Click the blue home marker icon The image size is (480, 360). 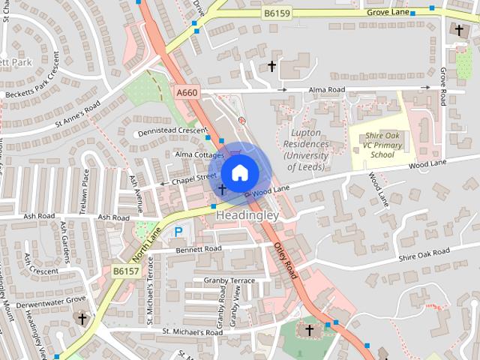pyautogui.click(x=238, y=172)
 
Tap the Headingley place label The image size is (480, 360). pyautogui.click(x=247, y=215)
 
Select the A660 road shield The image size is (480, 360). pyautogui.click(x=186, y=92)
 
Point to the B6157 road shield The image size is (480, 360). pyautogui.click(x=126, y=271)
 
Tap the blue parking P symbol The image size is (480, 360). pyautogui.click(x=178, y=232)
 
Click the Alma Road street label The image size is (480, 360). pyautogui.click(x=325, y=90)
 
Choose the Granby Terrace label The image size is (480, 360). pyautogui.click(x=229, y=280)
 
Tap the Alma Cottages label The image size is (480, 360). pyautogui.click(x=199, y=154)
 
